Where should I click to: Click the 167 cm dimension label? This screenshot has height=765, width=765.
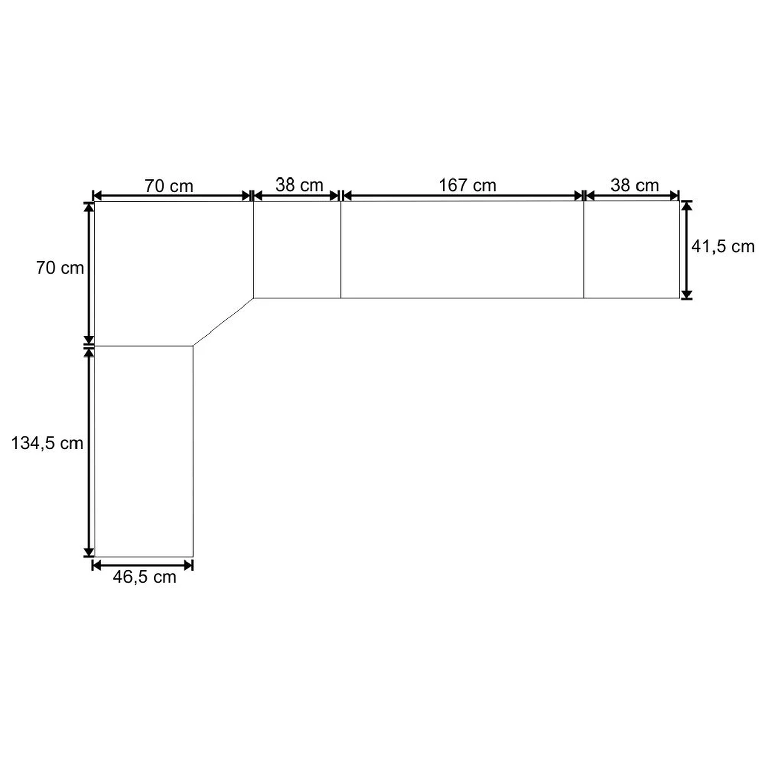click(467, 185)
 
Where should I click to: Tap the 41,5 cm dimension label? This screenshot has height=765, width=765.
click(723, 247)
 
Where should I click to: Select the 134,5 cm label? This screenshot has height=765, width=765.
click(47, 443)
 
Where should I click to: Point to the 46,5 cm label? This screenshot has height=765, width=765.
click(145, 577)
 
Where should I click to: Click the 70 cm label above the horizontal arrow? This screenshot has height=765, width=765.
click(169, 186)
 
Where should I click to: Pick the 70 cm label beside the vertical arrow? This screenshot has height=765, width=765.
click(60, 268)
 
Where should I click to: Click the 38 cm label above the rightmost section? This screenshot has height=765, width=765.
click(634, 185)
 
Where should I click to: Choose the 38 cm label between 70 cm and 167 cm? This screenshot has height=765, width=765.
click(299, 185)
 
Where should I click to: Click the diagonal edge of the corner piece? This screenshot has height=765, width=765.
click(223, 322)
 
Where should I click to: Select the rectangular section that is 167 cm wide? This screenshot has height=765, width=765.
click(462, 249)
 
